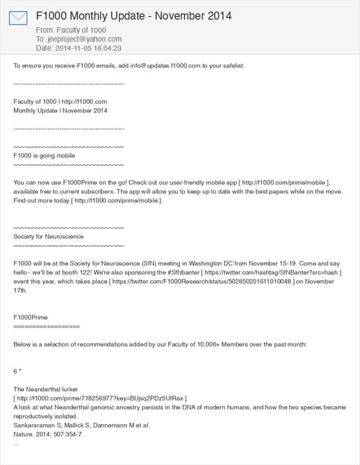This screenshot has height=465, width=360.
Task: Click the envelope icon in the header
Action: pos(18,18)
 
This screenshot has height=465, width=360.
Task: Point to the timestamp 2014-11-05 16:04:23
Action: pos(89,48)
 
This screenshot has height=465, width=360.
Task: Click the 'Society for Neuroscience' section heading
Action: pos(49,237)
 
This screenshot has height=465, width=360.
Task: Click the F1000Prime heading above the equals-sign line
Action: pos(31,317)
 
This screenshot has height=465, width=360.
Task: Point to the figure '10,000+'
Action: pos(184,344)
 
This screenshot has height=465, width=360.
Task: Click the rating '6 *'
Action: pos(18,370)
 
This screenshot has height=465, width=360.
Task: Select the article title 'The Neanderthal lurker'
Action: pos(46,389)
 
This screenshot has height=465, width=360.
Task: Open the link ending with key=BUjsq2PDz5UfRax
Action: pos(101,398)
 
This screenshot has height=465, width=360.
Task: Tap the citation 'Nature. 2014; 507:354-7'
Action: pos(48,434)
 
